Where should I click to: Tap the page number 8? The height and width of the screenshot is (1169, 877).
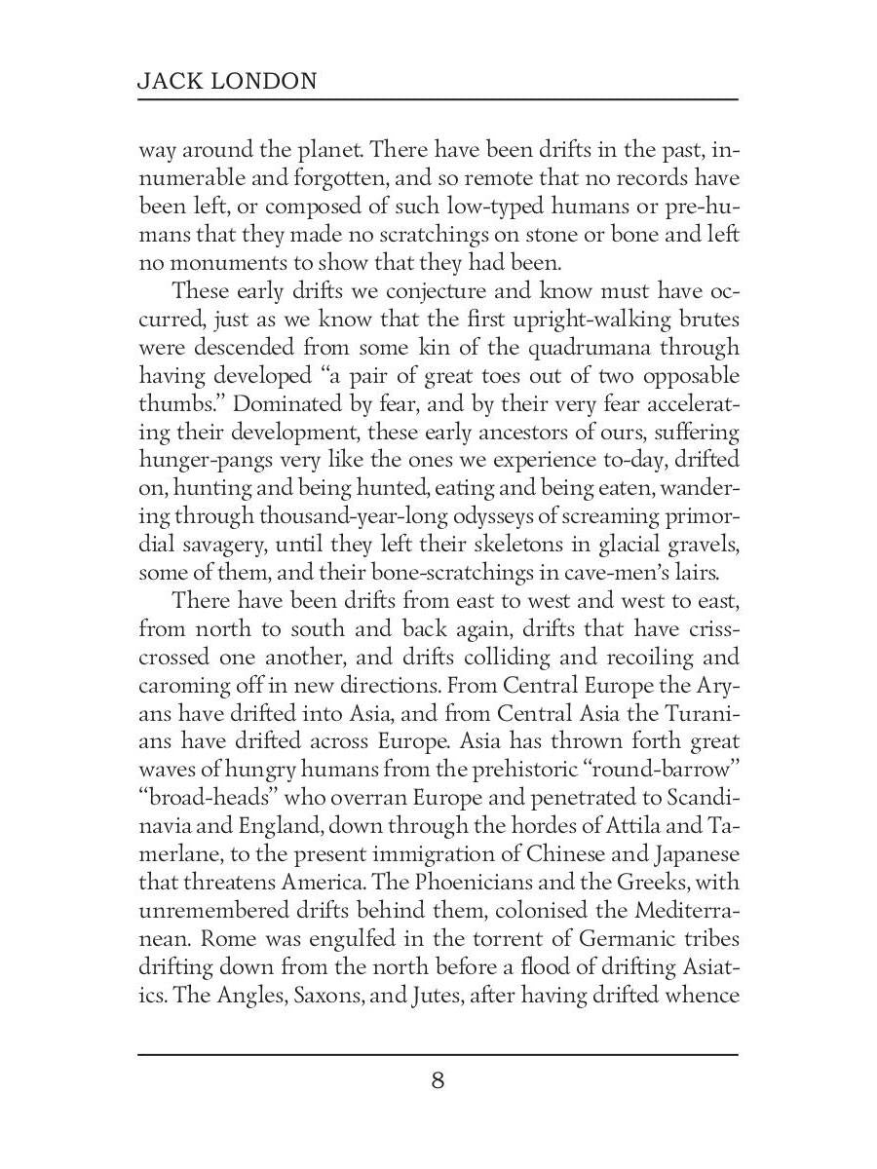click(438, 1080)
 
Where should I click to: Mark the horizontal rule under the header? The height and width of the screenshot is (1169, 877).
click(438, 100)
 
